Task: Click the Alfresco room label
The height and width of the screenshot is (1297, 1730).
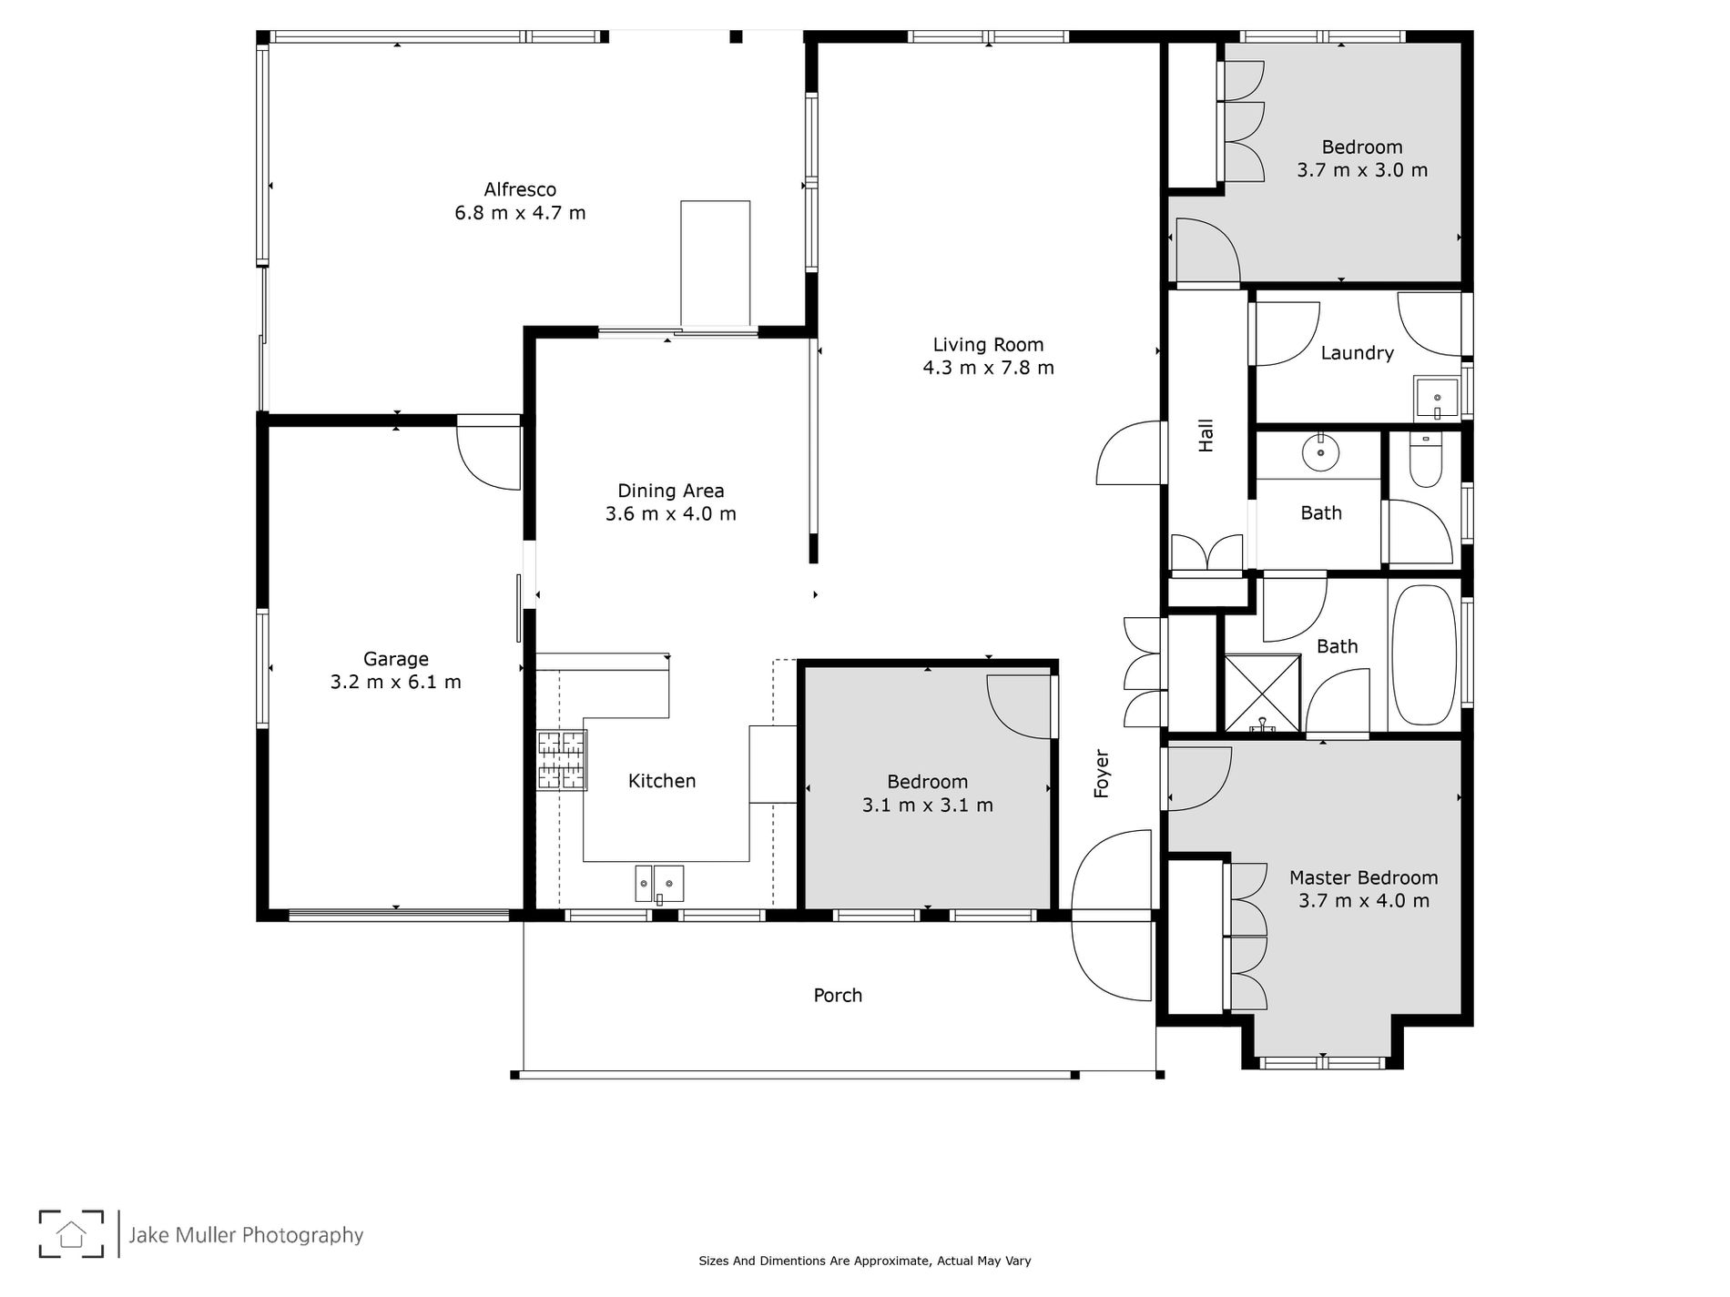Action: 520,190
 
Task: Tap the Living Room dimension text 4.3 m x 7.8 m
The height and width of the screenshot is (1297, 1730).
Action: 988,368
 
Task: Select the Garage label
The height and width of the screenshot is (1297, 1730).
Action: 396,659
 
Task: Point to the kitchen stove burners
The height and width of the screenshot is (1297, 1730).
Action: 562,760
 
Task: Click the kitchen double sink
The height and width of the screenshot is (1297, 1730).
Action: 659,884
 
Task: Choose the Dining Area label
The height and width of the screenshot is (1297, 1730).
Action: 671,491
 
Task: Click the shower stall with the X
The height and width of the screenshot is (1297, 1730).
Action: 1262,693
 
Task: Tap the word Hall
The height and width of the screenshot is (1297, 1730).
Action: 1206,435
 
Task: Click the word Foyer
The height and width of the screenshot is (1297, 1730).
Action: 1102,774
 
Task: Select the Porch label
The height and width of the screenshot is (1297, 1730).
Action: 838,996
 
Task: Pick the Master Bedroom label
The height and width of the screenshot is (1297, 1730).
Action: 1363,878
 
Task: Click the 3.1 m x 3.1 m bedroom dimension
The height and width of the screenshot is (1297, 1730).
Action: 927,805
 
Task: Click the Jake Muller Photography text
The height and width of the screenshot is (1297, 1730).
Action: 246,1235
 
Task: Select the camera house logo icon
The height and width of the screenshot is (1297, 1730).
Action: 71,1234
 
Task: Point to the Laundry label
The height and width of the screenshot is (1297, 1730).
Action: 1357,353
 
